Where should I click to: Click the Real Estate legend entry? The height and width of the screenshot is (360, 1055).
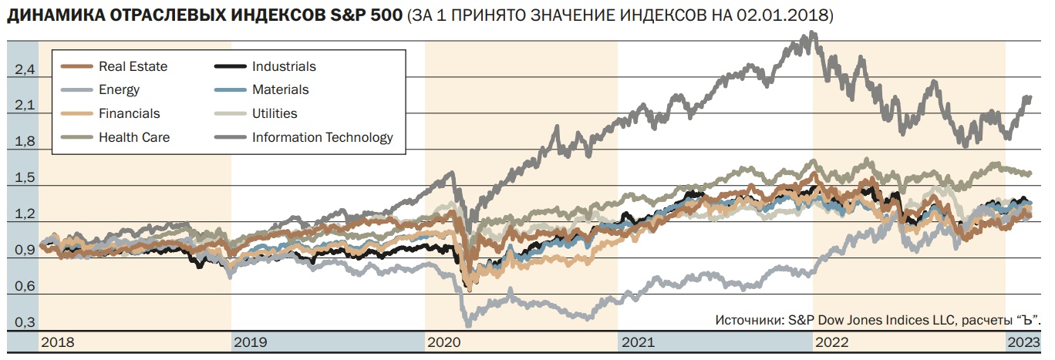133,66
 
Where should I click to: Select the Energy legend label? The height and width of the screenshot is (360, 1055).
119,90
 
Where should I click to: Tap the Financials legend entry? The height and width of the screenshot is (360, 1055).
129,114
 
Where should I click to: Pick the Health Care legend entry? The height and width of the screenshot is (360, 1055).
133,138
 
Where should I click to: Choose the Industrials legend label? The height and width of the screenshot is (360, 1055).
284,66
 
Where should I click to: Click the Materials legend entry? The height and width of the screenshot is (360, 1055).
280,90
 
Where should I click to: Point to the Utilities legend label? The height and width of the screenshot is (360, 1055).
275,114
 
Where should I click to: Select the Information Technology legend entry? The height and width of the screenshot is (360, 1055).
322,138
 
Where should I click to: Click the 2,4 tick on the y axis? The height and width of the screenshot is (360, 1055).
25,70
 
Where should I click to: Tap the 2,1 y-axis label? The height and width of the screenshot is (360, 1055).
25,106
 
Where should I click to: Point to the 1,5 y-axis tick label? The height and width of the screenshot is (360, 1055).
25,178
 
